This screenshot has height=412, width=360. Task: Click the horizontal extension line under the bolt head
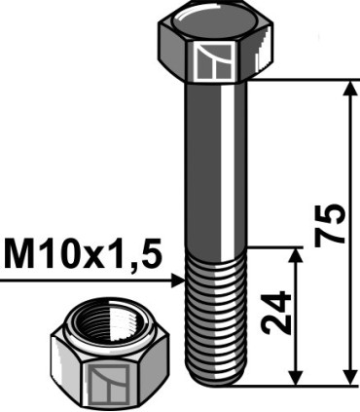tap(302, 81)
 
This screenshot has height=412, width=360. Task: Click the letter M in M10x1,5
tap(21, 255)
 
